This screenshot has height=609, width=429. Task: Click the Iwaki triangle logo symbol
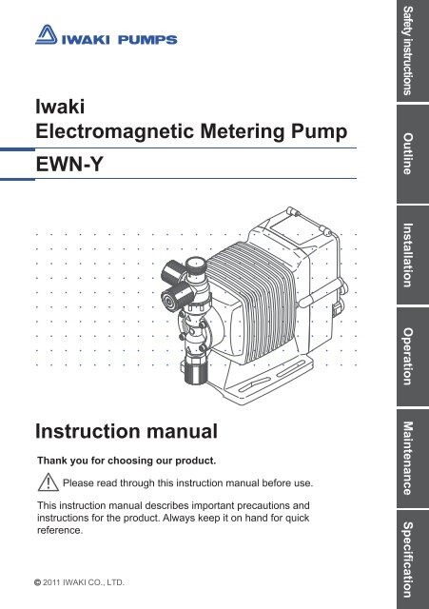pyautogui.click(x=47, y=35)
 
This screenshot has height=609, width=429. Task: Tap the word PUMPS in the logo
pyautogui.click(x=147, y=40)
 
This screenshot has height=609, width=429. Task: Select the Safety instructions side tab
pyautogui.click(x=413, y=50)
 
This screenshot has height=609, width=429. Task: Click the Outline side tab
pyautogui.click(x=413, y=154)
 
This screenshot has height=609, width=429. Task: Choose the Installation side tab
pyautogui.click(x=413, y=255)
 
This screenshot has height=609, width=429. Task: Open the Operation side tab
pyautogui.click(x=413, y=357)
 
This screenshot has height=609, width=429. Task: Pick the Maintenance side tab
pyautogui.click(x=413, y=459)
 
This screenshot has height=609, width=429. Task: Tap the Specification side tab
pyautogui.click(x=413, y=560)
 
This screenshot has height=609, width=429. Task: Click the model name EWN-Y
pyautogui.click(x=69, y=165)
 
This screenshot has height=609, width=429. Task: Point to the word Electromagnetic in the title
pyautogui.click(x=114, y=132)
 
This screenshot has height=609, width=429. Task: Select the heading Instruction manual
pyautogui.click(x=127, y=431)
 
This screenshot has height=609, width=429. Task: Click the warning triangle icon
pyautogui.click(x=49, y=482)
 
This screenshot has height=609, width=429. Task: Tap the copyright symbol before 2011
pyautogui.click(x=37, y=582)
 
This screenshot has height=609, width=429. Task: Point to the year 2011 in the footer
pyautogui.click(x=51, y=582)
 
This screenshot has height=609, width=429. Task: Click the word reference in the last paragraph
pyautogui.click(x=60, y=531)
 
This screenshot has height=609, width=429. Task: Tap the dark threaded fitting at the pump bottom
pyautogui.click(x=194, y=370)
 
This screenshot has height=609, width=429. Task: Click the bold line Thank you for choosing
pyautogui.click(x=127, y=461)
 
